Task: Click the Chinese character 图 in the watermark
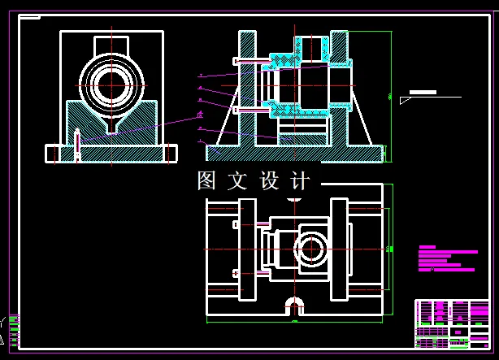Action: (208, 181)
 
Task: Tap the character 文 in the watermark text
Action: (239, 181)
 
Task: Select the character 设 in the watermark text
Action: (270, 181)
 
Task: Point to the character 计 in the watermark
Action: (300, 181)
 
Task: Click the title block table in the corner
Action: (453, 323)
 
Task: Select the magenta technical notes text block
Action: (446, 258)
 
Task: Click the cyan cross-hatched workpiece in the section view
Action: (284, 60)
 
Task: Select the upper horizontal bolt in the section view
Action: (252, 61)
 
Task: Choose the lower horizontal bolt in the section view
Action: (252, 110)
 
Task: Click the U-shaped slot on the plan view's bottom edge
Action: (294, 305)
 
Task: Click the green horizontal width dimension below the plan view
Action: (294, 322)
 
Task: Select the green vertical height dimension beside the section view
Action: (390, 96)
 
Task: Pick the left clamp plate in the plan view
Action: (220, 249)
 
